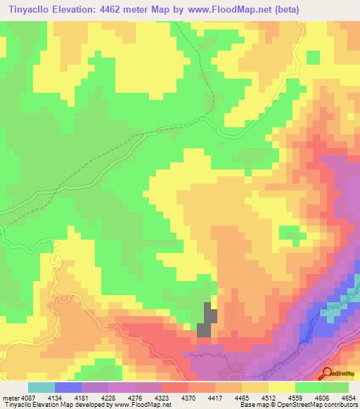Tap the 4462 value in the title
pyautogui.click(x=131, y=10)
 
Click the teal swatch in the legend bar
pyautogui.click(x=41, y=387)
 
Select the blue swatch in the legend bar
pyautogui.click(x=68, y=387)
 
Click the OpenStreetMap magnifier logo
pyautogui.click(x=328, y=373)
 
